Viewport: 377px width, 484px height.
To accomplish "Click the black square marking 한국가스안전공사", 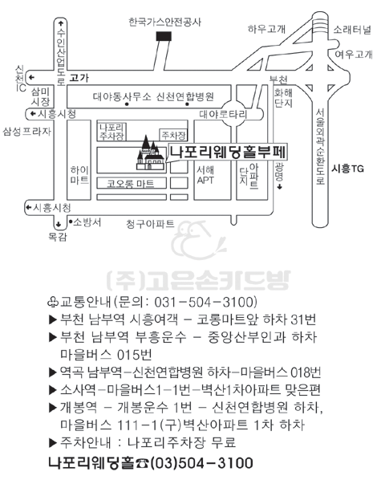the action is point(164,36).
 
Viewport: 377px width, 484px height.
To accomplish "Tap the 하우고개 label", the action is point(266,29).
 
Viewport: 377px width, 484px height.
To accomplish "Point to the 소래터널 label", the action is point(352,30).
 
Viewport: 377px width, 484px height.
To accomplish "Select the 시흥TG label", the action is point(347,169).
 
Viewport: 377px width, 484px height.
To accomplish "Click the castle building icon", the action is point(150,153).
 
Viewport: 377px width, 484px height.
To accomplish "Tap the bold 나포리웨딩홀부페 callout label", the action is point(229,152).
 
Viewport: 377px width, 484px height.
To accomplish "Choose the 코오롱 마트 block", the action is point(131,183).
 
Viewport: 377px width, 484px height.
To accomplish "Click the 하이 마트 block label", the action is point(79,175).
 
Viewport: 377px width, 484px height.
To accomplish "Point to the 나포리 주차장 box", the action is point(111,132).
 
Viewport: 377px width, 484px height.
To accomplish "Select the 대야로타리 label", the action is point(223,115).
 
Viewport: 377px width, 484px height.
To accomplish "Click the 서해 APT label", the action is point(205,175).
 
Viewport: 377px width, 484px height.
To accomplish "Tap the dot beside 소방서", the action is point(71,221).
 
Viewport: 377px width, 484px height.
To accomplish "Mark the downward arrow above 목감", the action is point(59,224).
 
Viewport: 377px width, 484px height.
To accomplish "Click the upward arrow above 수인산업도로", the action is point(61,23).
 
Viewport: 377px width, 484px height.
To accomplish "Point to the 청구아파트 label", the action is point(150,223).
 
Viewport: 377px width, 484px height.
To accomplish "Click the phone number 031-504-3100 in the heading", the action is point(205,302).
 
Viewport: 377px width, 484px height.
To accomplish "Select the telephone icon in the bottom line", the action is point(142,463).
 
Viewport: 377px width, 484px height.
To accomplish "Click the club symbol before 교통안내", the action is point(52,302).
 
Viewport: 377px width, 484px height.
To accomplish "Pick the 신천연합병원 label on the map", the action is point(185,97).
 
